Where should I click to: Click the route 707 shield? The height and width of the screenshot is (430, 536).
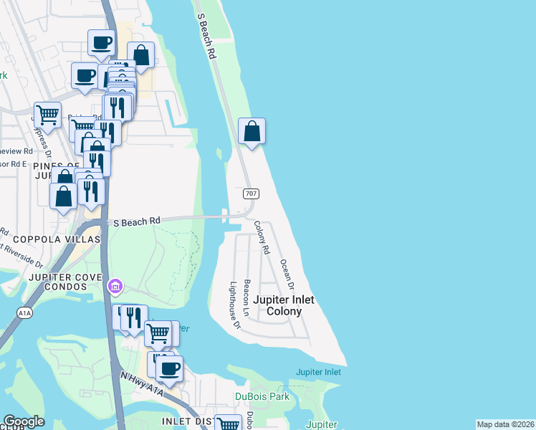pos(251,194)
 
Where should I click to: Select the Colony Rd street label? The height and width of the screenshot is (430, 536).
pos(261,238)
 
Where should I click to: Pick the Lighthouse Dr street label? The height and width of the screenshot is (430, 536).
pos(234,304)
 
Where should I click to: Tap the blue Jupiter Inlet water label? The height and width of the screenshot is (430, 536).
pos(318,372)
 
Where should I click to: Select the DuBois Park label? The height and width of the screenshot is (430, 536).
pos(262,396)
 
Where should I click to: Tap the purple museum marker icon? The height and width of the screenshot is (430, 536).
pos(115,287)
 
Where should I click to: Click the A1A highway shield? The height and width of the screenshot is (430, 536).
pos(24,312)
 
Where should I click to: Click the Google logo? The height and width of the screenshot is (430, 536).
pos(24,421)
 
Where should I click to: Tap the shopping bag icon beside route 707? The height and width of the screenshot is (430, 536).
pos(252,131)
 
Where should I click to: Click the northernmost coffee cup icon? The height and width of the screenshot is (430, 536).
pos(101,42)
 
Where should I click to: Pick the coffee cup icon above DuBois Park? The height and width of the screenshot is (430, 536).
pos(169,368)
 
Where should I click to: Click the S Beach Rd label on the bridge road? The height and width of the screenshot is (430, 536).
pos(135,222)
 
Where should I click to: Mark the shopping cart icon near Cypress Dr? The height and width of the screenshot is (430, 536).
pos(47,113)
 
